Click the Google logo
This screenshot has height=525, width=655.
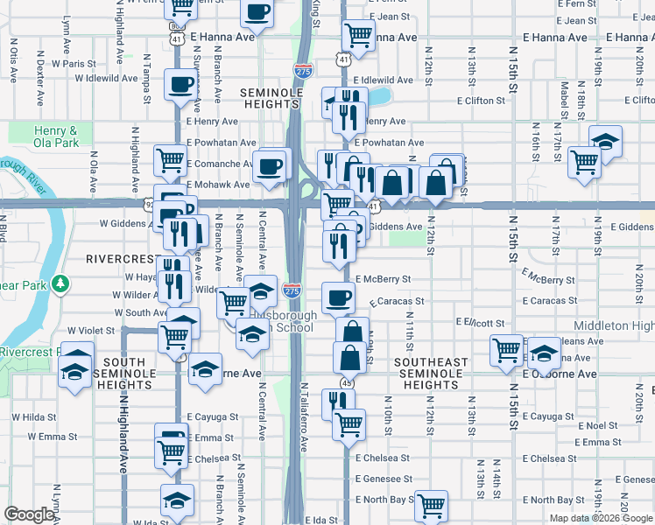coord(29,514)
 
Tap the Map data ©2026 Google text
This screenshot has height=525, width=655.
coord(601,518)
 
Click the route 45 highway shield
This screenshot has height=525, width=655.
coord(347,382)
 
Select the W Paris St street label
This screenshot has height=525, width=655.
coord(74,64)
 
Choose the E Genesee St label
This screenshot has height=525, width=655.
coord(384,479)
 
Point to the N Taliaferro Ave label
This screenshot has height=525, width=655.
coord(305,416)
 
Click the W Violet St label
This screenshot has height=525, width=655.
coord(91,331)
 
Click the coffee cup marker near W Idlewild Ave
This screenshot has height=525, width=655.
coord(181,85)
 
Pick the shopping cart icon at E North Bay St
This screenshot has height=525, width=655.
coord(431,505)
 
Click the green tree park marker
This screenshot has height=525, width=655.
coord(60,283)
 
